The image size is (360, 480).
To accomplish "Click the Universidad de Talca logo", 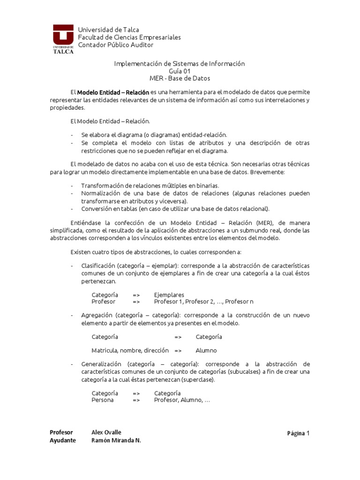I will click(x=63, y=39).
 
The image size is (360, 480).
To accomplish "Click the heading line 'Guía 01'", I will click(x=180, y=71).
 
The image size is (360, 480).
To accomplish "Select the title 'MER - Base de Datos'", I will click(x=180, y=78).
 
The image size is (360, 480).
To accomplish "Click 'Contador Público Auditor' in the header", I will click(x=116, y=45).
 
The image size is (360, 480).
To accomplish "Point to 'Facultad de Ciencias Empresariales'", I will click(x=129, y=37).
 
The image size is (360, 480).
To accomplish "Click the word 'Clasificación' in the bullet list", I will click(x=98, y=266).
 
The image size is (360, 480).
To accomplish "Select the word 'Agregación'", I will click(x=96, y=315).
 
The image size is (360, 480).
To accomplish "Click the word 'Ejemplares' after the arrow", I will click(x=169, y=295).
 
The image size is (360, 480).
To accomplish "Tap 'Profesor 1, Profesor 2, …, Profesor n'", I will click(x=203, y=302).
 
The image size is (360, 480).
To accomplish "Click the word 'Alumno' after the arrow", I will click(x=207, y=350).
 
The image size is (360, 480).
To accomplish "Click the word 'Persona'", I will click(x=103, y=400).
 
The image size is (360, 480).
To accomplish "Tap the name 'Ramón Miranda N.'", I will click(x=116, y=441).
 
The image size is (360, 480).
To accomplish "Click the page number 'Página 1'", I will click(x=299, y=434).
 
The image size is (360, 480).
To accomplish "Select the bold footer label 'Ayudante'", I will click(x=62, y=441).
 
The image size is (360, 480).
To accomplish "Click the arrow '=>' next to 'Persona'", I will click(x=136, y=400).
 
